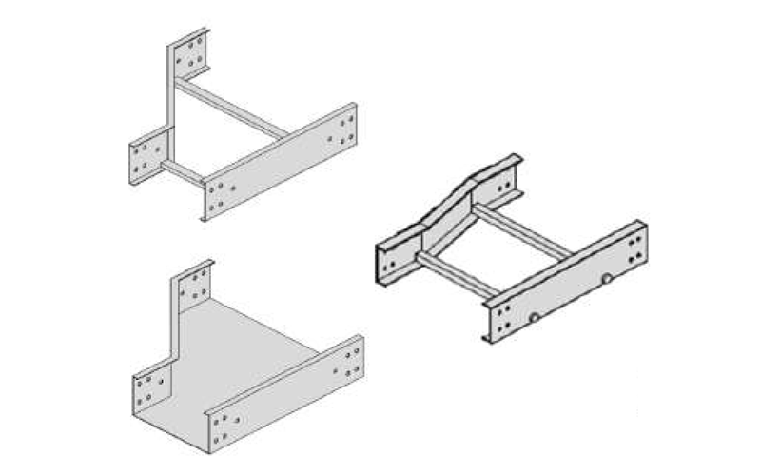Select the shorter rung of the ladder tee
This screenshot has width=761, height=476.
182,171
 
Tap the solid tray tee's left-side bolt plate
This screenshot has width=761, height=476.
149,388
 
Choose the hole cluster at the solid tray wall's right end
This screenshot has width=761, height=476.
350,360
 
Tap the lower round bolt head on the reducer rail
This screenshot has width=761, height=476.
536,317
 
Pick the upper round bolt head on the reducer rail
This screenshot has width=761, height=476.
606,280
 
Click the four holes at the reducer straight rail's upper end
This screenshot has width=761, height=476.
635,243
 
